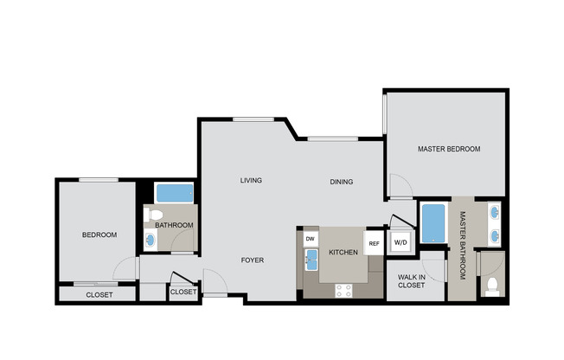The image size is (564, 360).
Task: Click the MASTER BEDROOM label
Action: [448, 149]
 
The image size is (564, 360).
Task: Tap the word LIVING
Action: [251, 180]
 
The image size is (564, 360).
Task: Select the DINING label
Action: [342, 182]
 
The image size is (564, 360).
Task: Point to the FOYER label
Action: [252, 260]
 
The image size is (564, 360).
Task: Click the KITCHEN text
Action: [343, 253]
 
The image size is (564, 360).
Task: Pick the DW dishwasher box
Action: [311, 238]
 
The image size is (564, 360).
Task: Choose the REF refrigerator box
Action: [374, 243]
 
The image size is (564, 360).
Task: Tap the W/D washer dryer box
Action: [401, 243]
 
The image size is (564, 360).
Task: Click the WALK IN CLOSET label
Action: [411, 281]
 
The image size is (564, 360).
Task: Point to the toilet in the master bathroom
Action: [492, 285]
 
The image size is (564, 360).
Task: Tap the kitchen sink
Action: [311, 259]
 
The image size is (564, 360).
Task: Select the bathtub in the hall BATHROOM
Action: [175, 193]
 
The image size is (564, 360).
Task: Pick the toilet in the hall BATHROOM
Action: [155, 215]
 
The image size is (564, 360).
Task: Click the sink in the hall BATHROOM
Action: [151, 240]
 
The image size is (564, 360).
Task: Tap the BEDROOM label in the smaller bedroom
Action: [99, 235]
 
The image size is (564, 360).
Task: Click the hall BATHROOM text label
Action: [174, 226]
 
